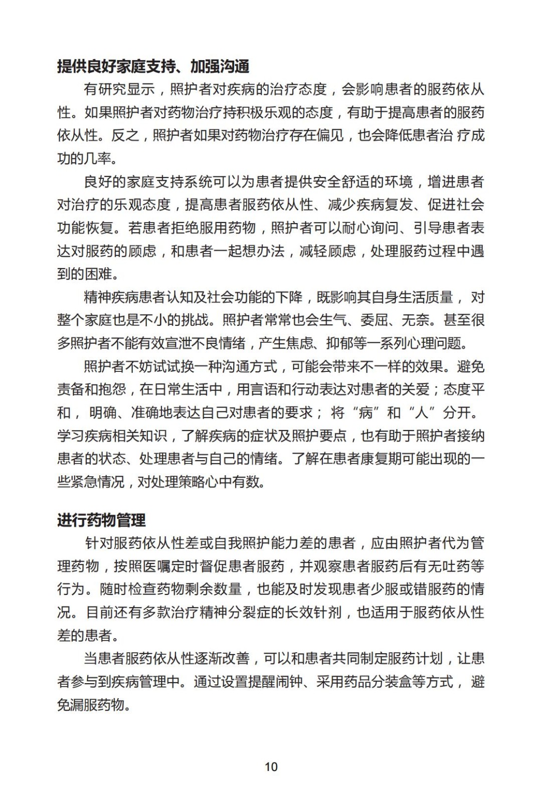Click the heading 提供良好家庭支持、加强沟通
click(153, 66)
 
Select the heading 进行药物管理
click(101, 520)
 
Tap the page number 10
click(271, 766)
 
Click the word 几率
click(98, 158)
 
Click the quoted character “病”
click(365, 413)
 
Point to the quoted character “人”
click(421, 413)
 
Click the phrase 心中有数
click(233, 482)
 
